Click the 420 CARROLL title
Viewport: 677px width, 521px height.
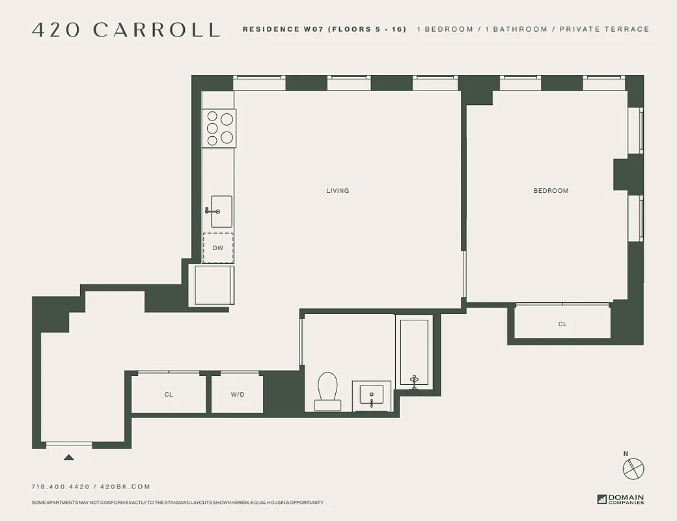126,30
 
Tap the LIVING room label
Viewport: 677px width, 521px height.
338,191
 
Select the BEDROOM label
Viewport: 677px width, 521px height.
551,191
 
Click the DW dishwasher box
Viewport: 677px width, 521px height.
218,248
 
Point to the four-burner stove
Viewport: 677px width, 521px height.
219,128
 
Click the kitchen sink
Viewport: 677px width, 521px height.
220,211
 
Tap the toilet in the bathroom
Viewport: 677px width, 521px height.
327,391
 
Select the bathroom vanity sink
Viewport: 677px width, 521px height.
372,395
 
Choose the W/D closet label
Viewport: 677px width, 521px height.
238,395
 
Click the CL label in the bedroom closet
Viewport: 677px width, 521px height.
562,324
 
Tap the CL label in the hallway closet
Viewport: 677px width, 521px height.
169,395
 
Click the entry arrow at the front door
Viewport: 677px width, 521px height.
68,457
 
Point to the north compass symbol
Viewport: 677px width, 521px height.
633,468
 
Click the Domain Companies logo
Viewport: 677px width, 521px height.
620,500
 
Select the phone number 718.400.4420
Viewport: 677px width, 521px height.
61,486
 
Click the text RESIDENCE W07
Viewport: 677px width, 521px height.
284,29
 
